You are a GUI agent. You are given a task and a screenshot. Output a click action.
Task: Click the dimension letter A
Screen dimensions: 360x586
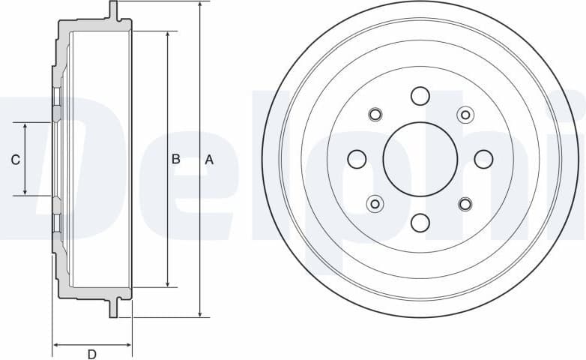[x=209, y=159]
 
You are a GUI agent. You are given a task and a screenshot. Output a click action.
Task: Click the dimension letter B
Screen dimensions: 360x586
[x=175, y=159]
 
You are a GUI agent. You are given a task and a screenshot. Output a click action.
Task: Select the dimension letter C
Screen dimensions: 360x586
[x=14, y=159]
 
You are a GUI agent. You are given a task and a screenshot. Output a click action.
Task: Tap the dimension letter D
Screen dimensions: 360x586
[x=91, y=354]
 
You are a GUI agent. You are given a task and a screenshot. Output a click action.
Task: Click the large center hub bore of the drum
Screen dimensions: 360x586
[x=420, y=159]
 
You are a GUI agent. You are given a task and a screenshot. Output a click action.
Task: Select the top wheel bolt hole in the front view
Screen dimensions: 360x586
[x=420, y=96]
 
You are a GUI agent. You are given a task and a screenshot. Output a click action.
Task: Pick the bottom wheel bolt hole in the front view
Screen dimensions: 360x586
[x=420, y=222]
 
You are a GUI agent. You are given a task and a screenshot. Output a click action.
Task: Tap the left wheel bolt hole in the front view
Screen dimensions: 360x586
[x=357, y=159]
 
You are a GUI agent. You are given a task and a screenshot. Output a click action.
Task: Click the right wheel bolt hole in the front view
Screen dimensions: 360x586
[x=483, y=159]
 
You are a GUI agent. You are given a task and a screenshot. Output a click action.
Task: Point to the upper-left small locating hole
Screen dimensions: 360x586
[x=375, y=115]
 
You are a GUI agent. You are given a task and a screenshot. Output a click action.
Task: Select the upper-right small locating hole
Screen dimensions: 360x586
[x=465, y=115]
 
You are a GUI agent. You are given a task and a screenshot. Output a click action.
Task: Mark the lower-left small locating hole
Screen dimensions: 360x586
[x=375, y=203]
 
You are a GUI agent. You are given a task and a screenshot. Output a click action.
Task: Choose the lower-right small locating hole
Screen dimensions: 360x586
[x=465, y=203]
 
